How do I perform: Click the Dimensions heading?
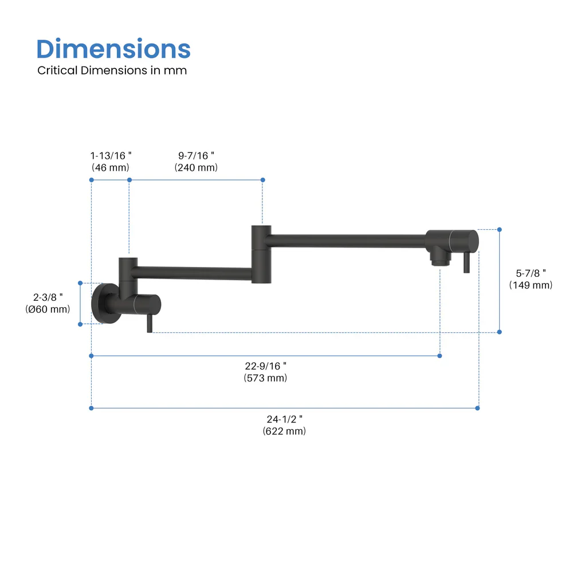coord(113,49)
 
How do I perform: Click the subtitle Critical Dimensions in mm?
coord(112,70)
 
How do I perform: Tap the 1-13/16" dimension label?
coord(111,155)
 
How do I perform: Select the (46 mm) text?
coord(111,167)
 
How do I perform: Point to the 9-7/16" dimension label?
coord(196,155)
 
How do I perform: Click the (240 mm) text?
coord(196,167)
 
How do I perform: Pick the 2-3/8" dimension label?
coord(49,296)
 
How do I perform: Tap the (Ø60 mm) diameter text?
coord(48,309)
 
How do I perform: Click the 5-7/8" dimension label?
coord(531,273)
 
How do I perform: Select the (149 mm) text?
coord(531,285)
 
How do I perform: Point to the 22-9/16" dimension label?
coord(265,366)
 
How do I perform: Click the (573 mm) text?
coord(265,378)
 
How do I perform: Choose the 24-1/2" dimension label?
coord(284,418)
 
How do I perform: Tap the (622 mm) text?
coord(284,431)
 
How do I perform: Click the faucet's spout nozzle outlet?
coord(439,261)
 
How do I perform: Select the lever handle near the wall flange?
coord(149,324)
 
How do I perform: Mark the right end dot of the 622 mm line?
coord(478,408)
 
